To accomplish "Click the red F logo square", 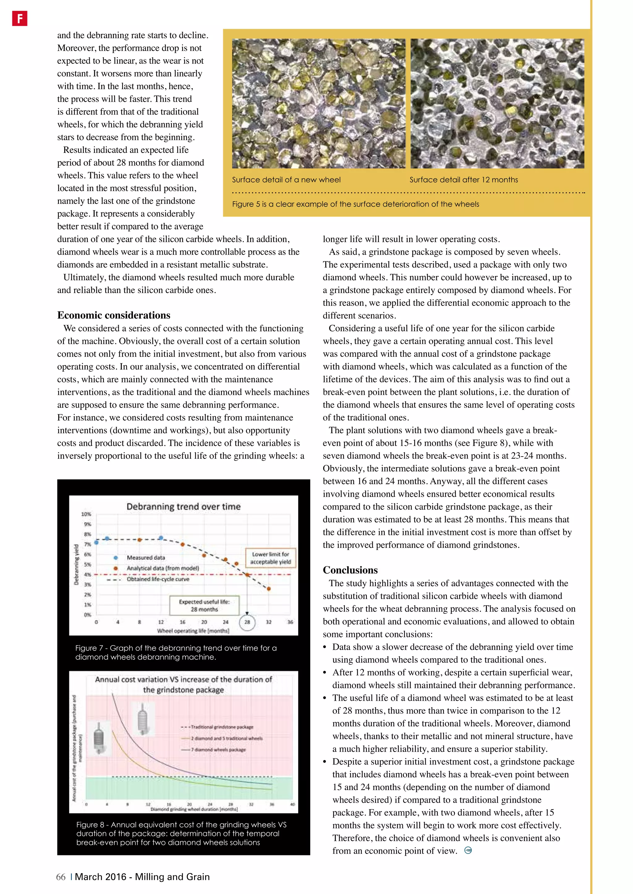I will pyautogui.click(x=19, y=18).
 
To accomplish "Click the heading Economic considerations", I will pyautogui.click(x=113, y=315).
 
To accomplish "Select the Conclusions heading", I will pyautogui.click(x=350, y=570).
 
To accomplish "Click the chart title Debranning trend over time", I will pyautogui.click(x=183, y=507).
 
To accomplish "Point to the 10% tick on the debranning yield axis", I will pyautogui.click(x=86, y=514).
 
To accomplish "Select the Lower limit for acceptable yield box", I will pyautogui.click(x=270, y=558).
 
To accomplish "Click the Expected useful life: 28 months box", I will pyautogui.click(x=204, y=605).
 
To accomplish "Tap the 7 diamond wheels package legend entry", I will pyautogui.click(x=218, y=750).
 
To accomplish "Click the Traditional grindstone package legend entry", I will pyautogui.click(x=222, y=727).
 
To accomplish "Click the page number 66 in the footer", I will pyautogui.click(x=61, y=877).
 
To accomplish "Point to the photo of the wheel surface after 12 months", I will pyautogui.click(x=497, y=104).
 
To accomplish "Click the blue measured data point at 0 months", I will pyautogui.click(x=96, y=542).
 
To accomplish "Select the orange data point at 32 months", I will pyautogui.click(x=269, y=589).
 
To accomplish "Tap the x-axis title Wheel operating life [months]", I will pyautogui.click(x=193, y=631).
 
